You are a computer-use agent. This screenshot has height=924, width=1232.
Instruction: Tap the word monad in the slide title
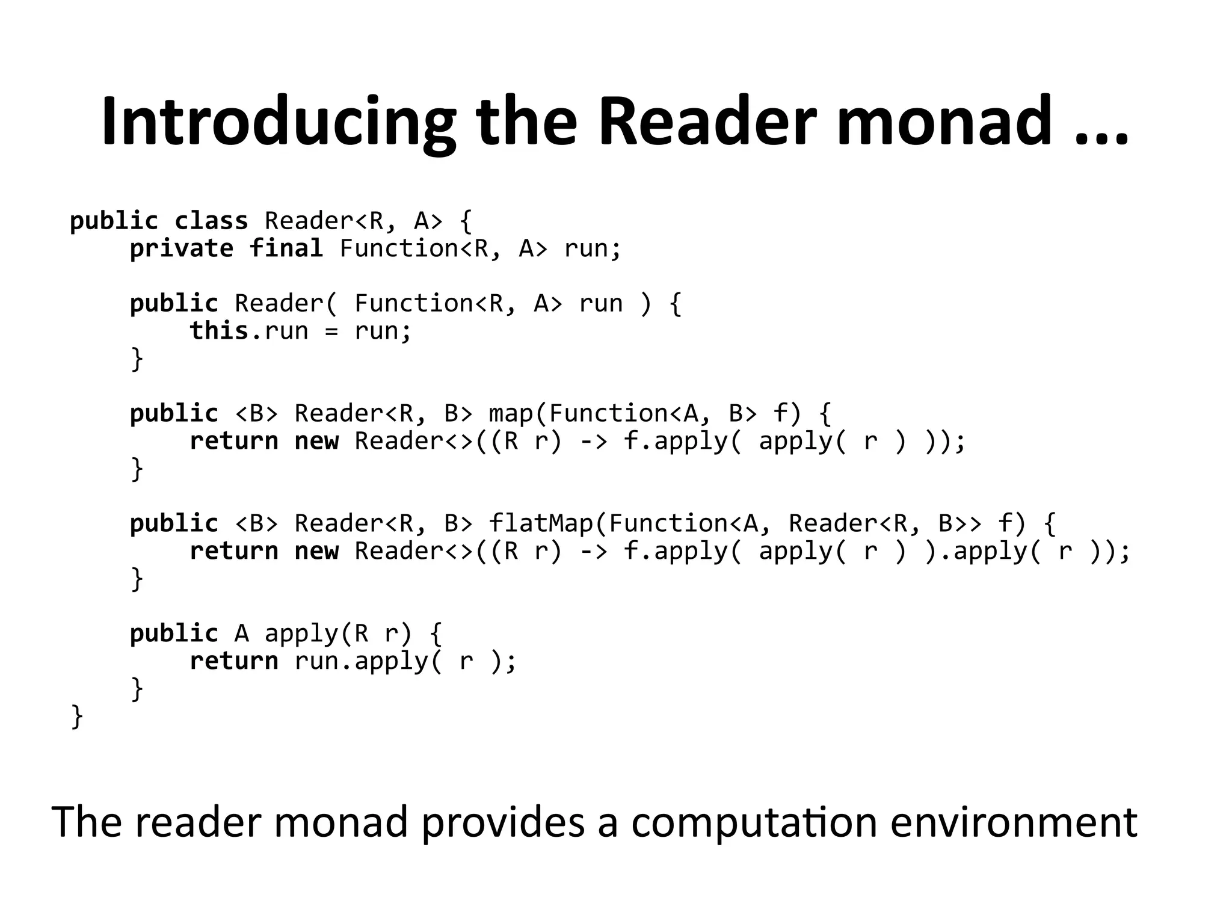(x=944, y=122)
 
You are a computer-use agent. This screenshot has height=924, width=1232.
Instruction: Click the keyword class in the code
(x=211, y=221)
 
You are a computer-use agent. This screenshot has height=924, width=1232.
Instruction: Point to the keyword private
(x=182, y=248)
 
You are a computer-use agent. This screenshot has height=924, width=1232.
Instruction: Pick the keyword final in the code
(x=286, y=248)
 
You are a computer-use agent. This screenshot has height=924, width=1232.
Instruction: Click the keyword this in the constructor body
(x=219, y=331)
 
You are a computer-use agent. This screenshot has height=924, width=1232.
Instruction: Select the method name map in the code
(x=511, y=414)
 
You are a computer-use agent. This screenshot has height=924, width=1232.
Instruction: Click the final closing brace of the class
(x=77, y=716)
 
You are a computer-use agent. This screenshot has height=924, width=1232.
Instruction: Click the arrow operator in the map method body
(x=593, y=442)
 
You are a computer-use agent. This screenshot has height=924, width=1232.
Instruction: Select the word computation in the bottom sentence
(x=754, y=823)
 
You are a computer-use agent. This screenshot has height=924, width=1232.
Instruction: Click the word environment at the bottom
(x=1013, y=823)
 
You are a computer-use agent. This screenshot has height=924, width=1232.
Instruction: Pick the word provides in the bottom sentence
(x=502, y=823)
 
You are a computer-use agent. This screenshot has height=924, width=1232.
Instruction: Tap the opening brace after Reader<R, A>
(x=466, y=221)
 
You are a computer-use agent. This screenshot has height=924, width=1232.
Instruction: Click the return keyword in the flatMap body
(x=234, y=551)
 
